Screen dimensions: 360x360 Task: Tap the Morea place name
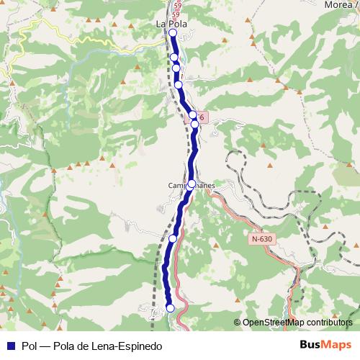coord(339,5)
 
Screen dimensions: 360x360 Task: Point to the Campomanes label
coord(191,185)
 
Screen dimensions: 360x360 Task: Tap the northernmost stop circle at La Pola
coord(173,32)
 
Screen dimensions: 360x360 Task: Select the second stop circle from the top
coord(174,57)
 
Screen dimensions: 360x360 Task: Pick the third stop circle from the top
coord(176,68)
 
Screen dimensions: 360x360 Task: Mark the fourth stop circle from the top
coord(179,85)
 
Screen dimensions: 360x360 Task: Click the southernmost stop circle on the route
coord(171,308)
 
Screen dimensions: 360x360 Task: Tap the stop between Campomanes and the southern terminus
coord(173,238)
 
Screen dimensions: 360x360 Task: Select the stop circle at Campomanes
coord(191,184)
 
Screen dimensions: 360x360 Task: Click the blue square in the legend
coord(10,345)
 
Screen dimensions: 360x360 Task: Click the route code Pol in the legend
coord(30,346)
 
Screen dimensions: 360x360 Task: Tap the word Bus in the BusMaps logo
coord(310,345)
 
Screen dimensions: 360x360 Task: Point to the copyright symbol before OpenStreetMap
coord(238,323)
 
